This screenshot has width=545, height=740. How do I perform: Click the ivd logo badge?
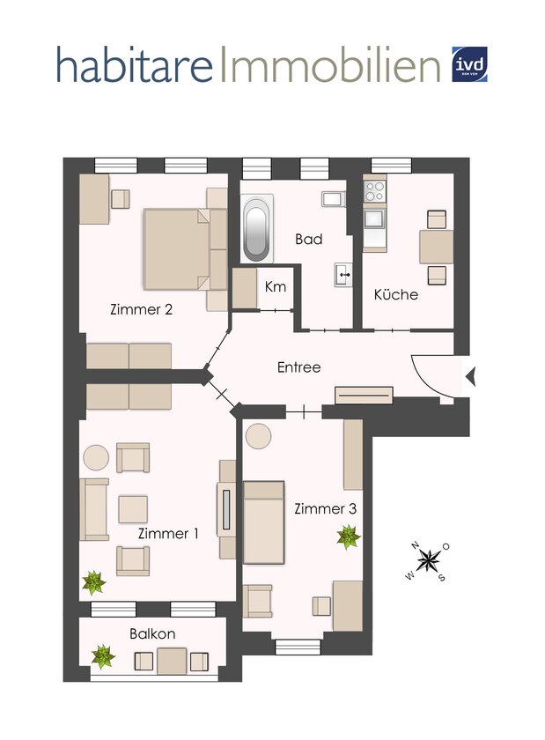click(469, 64)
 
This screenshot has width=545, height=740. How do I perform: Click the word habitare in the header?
click(135, 64)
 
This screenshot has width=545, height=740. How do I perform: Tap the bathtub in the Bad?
click(257, 229)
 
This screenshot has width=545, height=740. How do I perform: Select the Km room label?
click(276, 286)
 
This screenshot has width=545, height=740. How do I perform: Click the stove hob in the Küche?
click(375, 191)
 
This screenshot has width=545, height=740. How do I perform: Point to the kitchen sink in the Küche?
click(375, 219)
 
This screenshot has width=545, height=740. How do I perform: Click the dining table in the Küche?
click(437, 247)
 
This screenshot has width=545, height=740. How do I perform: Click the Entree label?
click(298, 367)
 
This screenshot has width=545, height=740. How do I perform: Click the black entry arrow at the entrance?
click(470, 377)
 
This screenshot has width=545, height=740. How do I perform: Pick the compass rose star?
click(428, 560)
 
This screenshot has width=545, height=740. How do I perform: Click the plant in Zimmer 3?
click(349, 537)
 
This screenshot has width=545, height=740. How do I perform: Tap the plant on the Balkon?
click(102, 657)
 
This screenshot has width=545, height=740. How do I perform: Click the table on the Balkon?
click(172, 662)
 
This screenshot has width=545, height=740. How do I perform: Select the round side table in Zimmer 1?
click(96, 457)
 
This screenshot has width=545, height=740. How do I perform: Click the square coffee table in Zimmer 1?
click(133, 509)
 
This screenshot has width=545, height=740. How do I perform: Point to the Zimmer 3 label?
click(325, 509)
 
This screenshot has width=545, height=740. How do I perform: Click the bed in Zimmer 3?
click(264, 522)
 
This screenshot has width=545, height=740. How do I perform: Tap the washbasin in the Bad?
click(343, 274)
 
